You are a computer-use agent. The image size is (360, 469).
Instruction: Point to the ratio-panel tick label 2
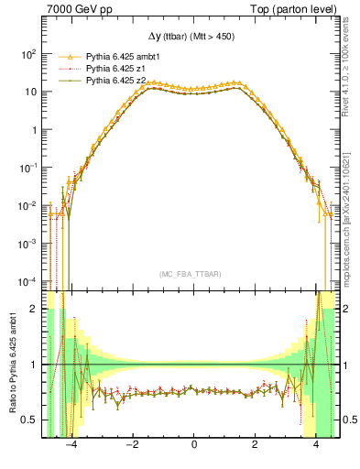34,309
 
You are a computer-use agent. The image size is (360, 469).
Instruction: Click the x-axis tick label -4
70,446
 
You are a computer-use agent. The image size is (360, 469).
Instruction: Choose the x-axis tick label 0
193,446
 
